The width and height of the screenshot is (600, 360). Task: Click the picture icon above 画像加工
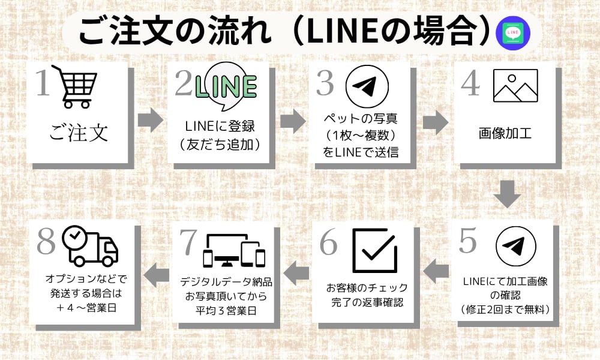tap(515, 86)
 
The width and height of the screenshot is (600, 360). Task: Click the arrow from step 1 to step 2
tap(150, 120)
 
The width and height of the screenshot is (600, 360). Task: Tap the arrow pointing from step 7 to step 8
tap(157, 273)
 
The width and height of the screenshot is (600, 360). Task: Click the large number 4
tap(470, 84)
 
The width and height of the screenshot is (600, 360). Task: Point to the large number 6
tap(330, 243)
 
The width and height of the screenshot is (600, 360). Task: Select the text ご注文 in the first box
tap(79, 132)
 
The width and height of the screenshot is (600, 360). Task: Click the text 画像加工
tap(505, 132)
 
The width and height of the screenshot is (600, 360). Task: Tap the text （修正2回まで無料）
tap(506, 310)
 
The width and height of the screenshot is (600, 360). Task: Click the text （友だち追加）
tap(221, 144)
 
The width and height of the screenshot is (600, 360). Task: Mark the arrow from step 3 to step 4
tap(436, 122)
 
